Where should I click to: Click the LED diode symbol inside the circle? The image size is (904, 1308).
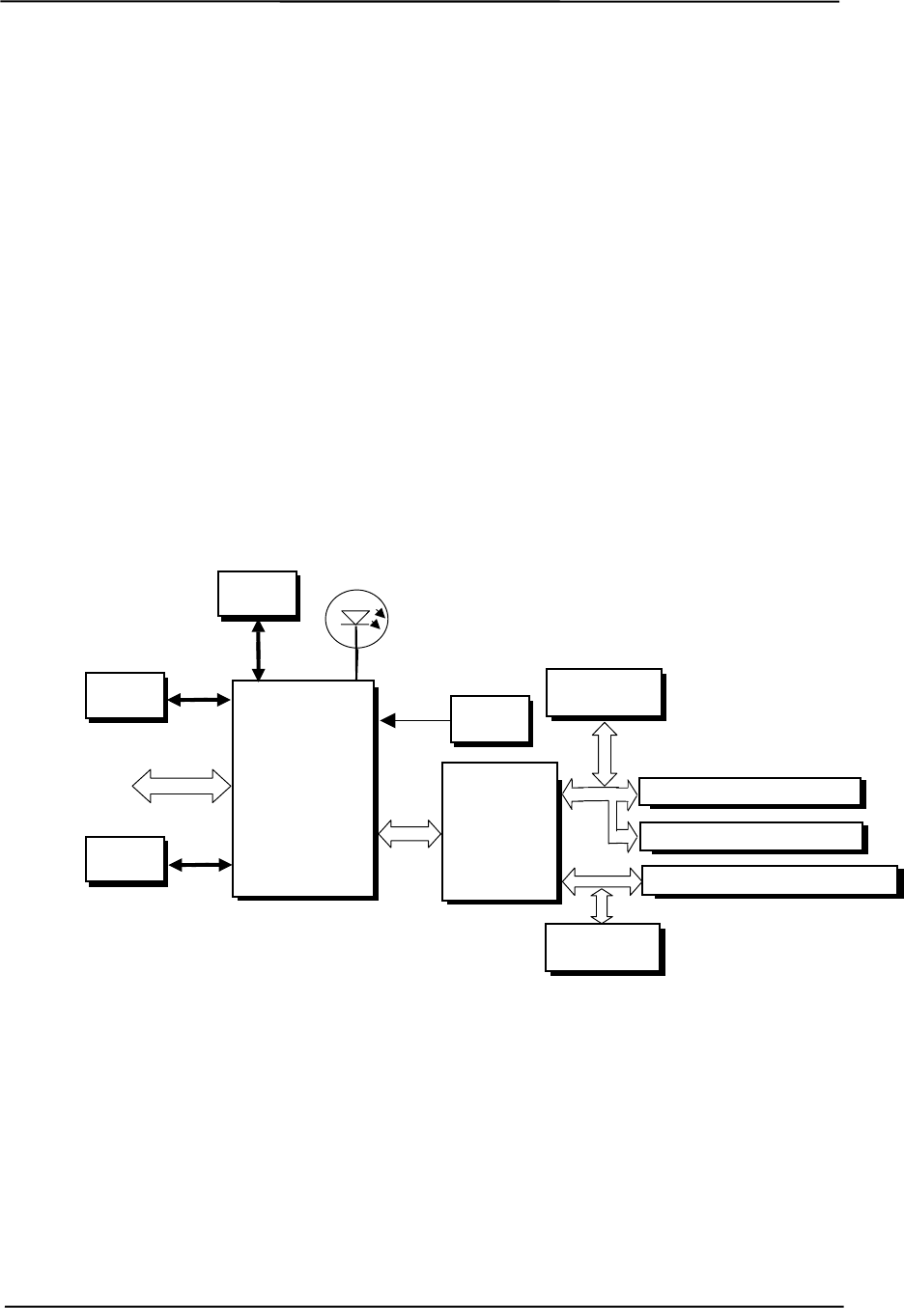pos(356,616)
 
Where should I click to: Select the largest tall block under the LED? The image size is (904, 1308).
pos(303,788)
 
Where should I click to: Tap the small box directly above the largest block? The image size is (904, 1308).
pos(256,593)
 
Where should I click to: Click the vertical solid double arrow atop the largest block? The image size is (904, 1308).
pos(257,651)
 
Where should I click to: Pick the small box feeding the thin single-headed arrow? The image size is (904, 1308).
pos(490,718)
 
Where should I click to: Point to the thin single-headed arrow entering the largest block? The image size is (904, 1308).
pos(416,719)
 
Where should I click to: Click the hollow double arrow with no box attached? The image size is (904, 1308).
pos(182,784)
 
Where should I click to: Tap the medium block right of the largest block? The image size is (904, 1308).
pos(499,831)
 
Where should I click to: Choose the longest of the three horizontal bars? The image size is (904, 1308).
pos(769,879)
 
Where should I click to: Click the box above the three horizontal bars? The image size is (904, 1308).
pos(604,692)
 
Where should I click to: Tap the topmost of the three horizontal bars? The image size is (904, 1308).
pos(749,792)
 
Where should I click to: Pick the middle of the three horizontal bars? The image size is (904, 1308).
pos(750,836)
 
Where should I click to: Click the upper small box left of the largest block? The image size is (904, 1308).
pos(125,695)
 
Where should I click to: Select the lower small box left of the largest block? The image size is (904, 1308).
pos(125,859)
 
